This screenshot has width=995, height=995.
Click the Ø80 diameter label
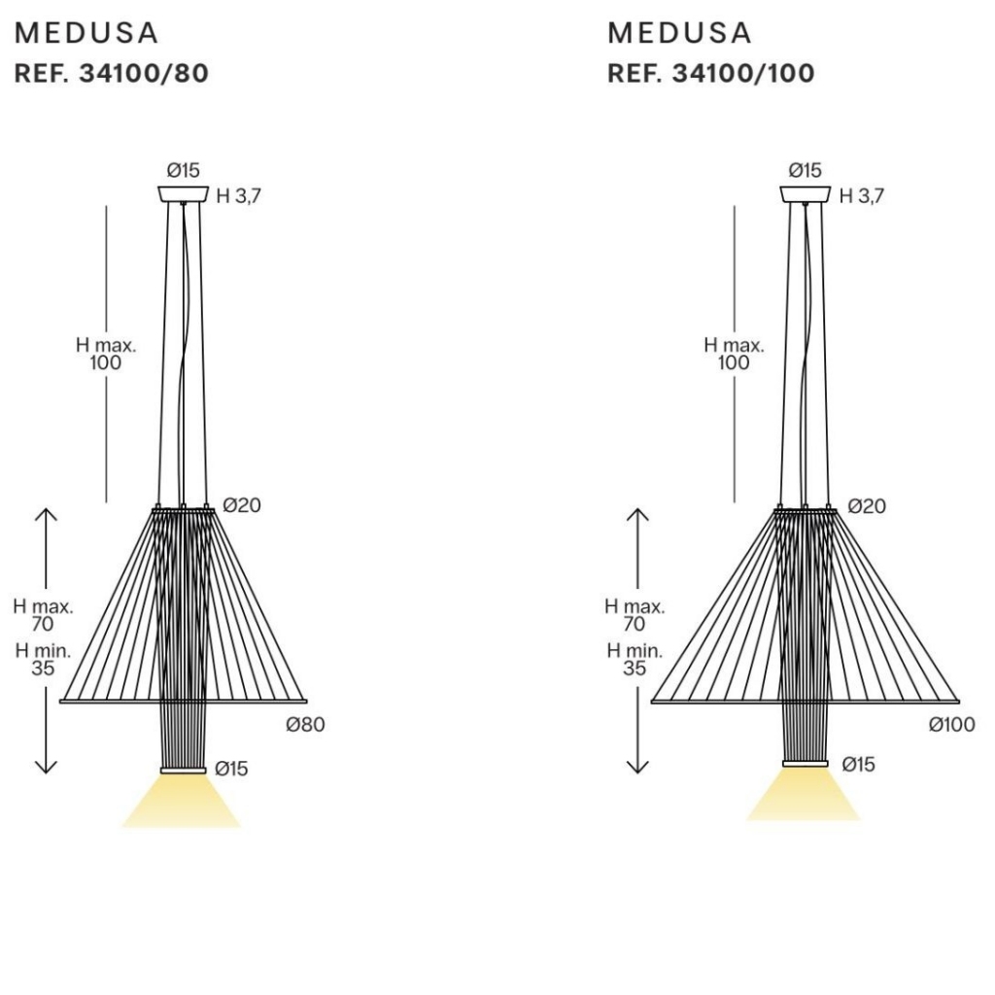[305, 725]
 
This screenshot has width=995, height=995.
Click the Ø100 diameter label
[952, 725]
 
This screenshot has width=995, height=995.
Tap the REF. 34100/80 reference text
[111, 74]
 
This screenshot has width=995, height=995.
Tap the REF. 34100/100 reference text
[710, 74]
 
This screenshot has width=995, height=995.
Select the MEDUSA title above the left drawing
[86, 33]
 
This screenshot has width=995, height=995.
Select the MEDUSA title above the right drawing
[679, 33]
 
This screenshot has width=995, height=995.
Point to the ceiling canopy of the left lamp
[184, 194]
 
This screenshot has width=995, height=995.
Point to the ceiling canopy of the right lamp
[806, 194]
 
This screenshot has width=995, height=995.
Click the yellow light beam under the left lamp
[182, 801]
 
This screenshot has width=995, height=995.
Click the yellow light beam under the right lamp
[804, 795]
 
